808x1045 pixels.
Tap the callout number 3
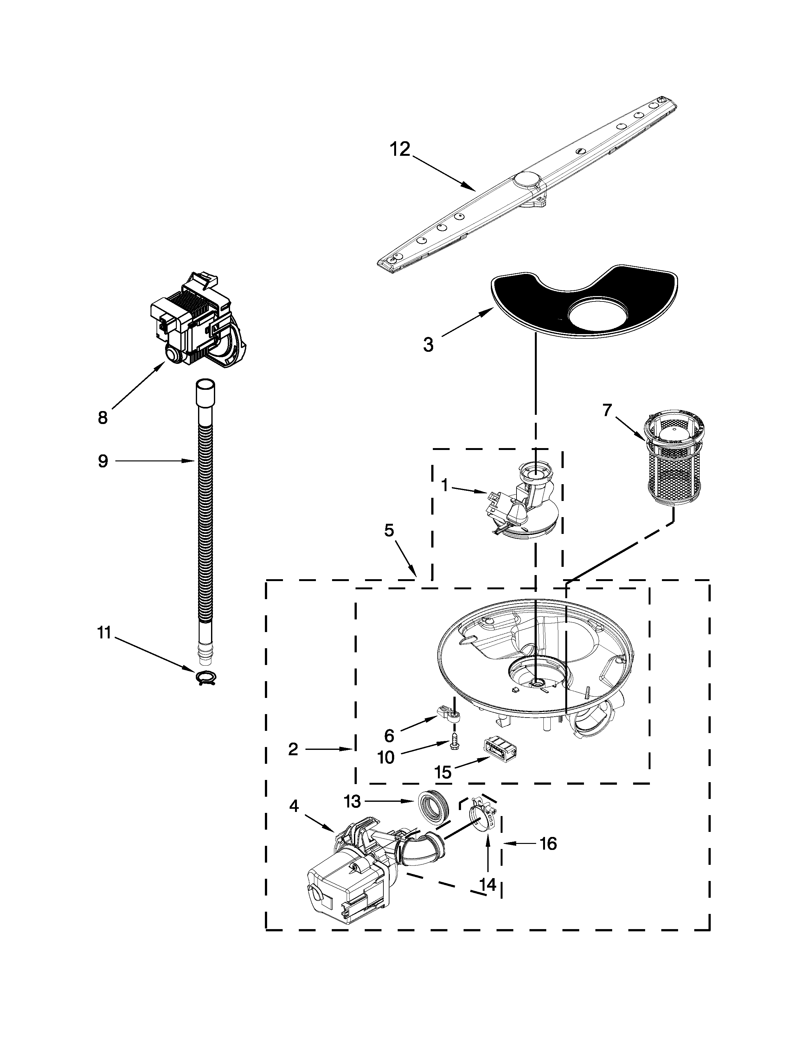pyautogui.click(x=428, y=345)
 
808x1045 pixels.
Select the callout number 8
pyautogui.click(x=103, y=418)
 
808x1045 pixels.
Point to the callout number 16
pyautogui.click(x=548, y=844)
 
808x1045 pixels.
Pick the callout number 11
pyautogui.click(x=104, y=633)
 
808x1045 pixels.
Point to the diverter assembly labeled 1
pyautogui.click(x=524, y=505)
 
